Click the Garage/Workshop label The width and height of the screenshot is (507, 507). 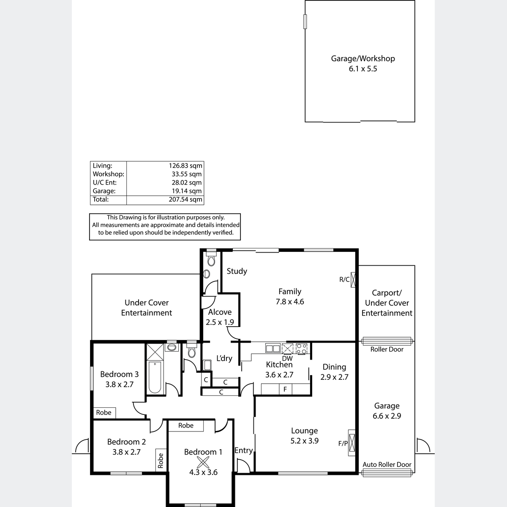point(363,59)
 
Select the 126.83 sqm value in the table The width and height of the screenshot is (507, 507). point(185,166)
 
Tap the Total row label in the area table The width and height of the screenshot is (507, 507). point(101,199)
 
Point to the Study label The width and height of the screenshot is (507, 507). point(237,271)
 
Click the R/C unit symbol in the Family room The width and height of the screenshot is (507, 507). point(353,280)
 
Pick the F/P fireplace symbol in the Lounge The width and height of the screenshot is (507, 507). point(352,443)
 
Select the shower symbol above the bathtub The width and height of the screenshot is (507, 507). point(155,352)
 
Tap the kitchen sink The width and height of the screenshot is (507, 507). point(273,348)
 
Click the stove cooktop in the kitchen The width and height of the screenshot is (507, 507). point(301,349)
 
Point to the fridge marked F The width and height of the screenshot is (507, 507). point(285,389)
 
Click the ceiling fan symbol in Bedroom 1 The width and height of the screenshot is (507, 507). point(203,463)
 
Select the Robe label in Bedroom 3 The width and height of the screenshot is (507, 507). point(104,412)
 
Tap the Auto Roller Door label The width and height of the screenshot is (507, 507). point(387,464)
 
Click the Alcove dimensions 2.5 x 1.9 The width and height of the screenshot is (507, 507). point(220,322)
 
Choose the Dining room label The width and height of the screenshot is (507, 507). point(334,367)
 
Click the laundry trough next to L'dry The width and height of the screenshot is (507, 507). point(207,365)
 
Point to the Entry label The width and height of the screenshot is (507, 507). point(244,450)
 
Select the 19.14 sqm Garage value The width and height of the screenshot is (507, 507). point(187,191)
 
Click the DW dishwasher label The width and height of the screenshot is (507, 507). point(287,358)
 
